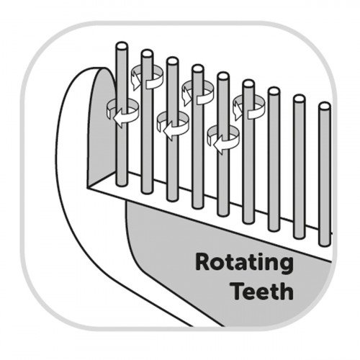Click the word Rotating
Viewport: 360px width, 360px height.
(244, 264)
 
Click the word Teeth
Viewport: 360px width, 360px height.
(263, 291)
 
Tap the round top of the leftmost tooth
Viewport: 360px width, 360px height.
(122, 46)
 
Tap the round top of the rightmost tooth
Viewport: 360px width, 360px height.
(325, 107)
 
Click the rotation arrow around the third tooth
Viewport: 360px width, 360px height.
(173, 125)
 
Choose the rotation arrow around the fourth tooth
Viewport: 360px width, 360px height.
(197, 92)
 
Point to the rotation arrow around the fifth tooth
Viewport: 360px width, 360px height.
(223, 139)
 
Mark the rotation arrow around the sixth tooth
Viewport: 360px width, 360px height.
(248, 107)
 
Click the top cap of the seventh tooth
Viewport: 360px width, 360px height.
(274, 91)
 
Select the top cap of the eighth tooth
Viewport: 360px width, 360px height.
(300, 99)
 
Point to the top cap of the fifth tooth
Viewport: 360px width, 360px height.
(223, 76)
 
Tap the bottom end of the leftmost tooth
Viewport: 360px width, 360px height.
(122, 184)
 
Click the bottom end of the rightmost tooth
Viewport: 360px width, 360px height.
(325, 244)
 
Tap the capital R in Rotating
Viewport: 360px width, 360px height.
(204, 262)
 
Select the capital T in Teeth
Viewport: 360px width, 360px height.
(239, 291)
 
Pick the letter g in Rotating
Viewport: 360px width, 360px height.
(286, 266)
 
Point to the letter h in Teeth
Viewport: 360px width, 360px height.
(287, 290)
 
